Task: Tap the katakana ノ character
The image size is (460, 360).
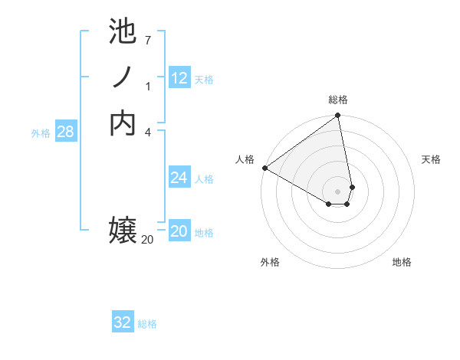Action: click(x=123, y=77)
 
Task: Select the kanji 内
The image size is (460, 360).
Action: click(x=123, y=123)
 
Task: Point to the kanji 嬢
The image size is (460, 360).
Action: click(x=123, y=231)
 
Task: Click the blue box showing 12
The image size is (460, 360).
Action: click(x=179, y=78)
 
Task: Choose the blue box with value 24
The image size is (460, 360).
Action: click(x=179, y=178)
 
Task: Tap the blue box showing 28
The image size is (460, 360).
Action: click(x=65, y=132)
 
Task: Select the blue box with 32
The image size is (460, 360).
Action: click(x=123, y=322)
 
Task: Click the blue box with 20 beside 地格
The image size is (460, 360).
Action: click(x=179, y=231)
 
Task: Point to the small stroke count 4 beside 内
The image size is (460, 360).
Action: click(x=147, y=131)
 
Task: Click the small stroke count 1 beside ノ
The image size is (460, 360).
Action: click(x=147, y=86)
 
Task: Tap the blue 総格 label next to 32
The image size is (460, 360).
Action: click(x=147, y=324)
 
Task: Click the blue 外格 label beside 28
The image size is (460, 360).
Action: click(x=41, y=133)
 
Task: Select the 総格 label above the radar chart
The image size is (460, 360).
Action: click(x=338, y=100)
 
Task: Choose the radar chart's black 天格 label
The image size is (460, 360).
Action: click(x=431, y=159)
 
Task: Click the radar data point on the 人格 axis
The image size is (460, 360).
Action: click(x=264, y=168)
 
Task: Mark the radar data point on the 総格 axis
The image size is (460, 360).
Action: click(x=338, y=116)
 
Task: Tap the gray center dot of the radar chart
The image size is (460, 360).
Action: click(x=338, y=191)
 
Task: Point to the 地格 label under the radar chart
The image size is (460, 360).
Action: click(x=402, y=262)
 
